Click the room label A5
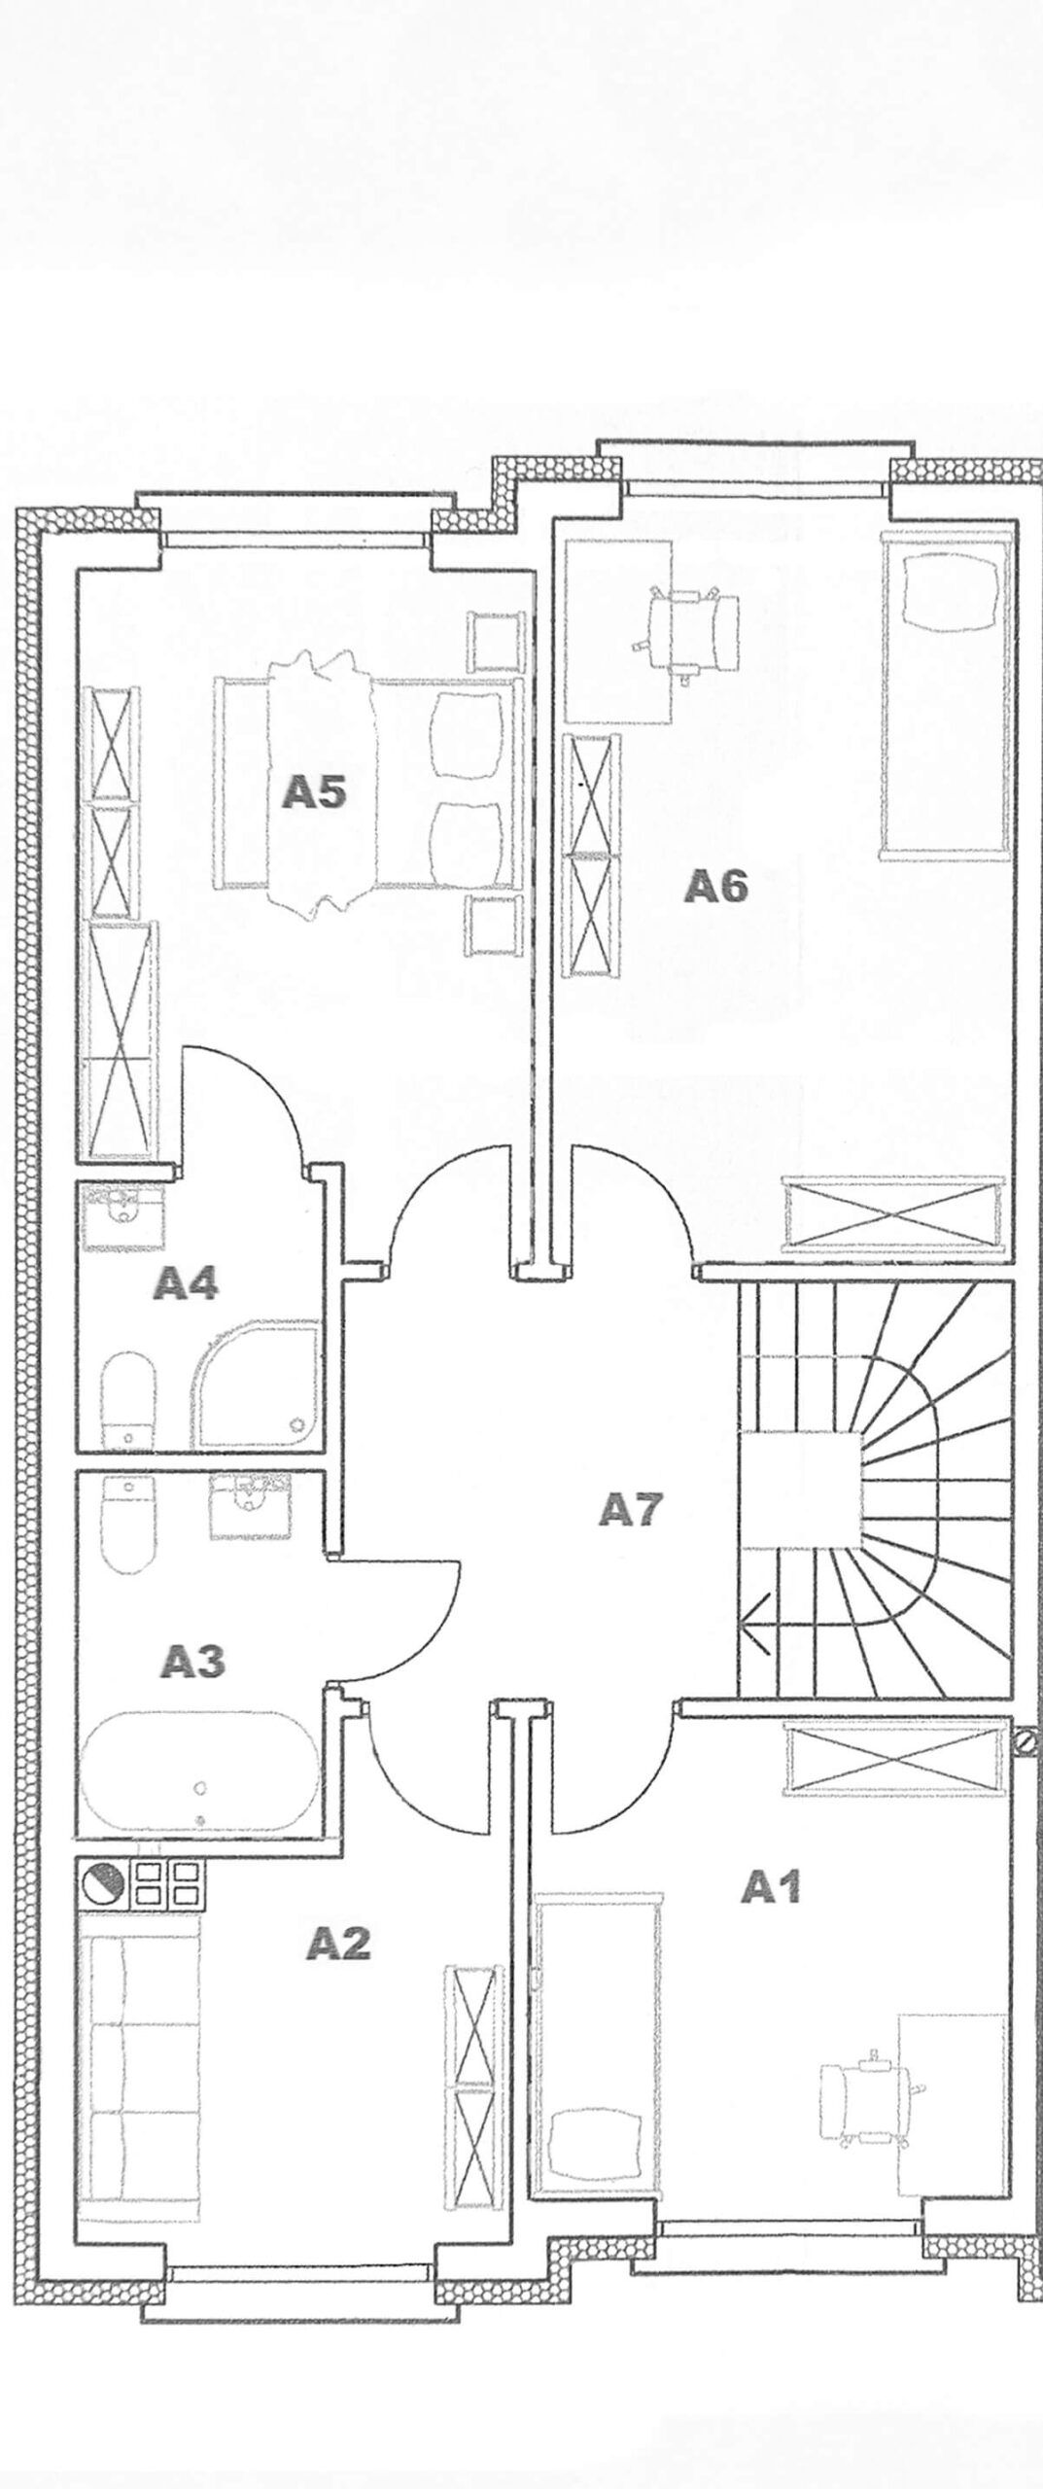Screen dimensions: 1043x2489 (x=314, y=793)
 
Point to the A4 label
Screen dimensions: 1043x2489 (x=187, y=1284)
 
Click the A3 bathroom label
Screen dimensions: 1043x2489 (x=192, y=1661)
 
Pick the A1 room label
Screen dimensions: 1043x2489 (x=771, y=1861)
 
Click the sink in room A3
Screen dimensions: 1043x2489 (x=251, y=1506)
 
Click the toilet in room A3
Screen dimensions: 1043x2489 (x=128, y=1524)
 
